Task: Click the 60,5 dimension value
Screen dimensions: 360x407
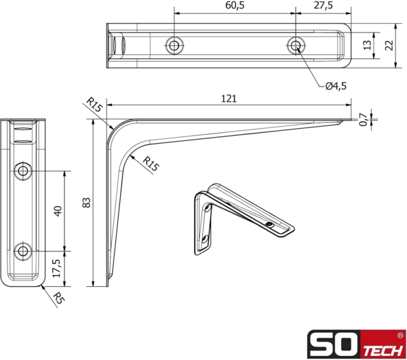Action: tap(235, 5)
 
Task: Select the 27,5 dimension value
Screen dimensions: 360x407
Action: tap(324, 5)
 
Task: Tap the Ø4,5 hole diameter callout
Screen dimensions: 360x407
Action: tap(335, 85)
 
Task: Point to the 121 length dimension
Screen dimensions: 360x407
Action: tap(229, 98)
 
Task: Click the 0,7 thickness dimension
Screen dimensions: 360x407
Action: tap(363, 119)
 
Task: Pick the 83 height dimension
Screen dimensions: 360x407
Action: tap(85, 202)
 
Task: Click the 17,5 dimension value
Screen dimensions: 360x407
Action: tap(58, 267)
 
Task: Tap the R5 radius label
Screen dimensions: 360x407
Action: tap(60, 297)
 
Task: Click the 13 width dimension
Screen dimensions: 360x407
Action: tap(367, 45)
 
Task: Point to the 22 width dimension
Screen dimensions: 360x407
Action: tap(389, 45)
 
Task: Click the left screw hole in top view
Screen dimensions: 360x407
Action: tap(174, 45)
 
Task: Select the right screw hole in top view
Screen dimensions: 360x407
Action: tap(294, 45)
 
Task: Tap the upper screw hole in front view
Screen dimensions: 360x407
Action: tap(24, 171)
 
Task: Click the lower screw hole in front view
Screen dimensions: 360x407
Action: tap(24, 252)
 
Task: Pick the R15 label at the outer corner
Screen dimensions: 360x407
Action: tap(94, 106)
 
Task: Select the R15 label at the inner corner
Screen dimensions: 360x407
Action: tap(151, 163)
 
